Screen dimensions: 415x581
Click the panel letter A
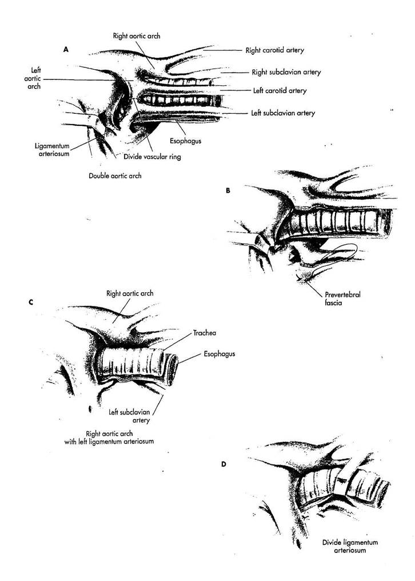click(x=66, y=50)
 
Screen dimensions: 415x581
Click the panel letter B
click(x=228, y=190)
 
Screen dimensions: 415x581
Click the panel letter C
click(x=30, y=301)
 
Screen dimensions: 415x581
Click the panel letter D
click(x=223, y=464)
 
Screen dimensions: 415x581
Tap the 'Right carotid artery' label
click(x=277, y=50)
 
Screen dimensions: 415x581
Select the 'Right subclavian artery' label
click(x=286, y=73)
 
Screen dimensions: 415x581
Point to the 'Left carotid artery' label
click(x=280, y=90)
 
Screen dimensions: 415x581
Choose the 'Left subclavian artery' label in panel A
click(x=283, y=113)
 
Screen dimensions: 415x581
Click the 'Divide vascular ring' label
click(x=151, y=156)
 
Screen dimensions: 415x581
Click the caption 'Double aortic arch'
click(x=115, y=176)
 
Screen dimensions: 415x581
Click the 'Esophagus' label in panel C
click(x=219, y=353)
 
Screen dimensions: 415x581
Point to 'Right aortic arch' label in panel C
click(x=130, y=293)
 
